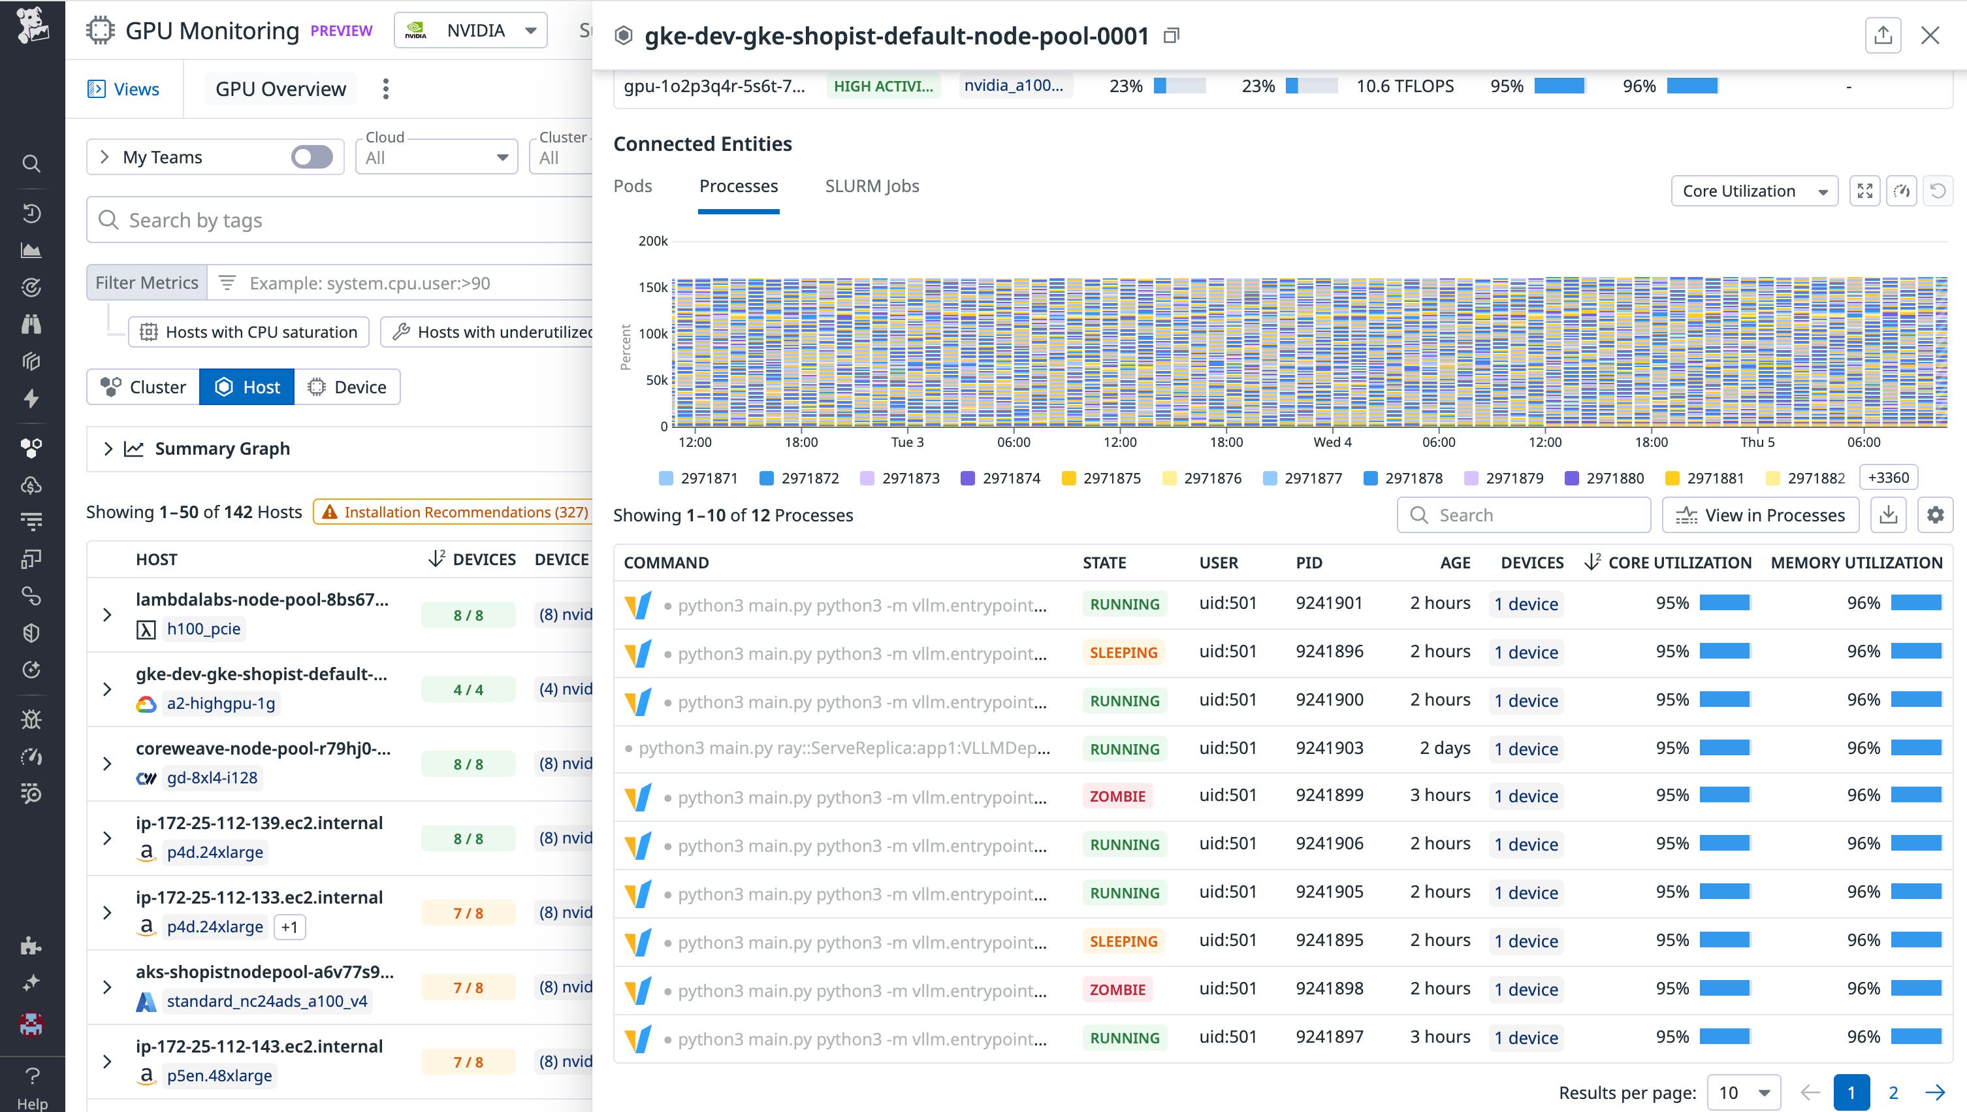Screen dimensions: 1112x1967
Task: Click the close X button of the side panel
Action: [1930, 36]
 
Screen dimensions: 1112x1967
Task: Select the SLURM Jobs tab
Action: [871, 186]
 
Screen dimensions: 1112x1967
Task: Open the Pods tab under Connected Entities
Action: [632, 186]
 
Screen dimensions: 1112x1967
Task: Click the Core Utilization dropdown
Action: [1753, 191]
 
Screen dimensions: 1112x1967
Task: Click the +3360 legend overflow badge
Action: [1887, 478]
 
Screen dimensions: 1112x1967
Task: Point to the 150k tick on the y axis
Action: [653, 287]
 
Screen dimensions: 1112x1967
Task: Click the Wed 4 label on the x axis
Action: [1332, 442]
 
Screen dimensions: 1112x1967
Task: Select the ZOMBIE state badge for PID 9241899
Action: [1117, 796]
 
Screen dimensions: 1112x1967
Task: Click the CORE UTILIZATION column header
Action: [1679, 563]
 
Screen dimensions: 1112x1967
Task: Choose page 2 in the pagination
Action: [1893, 1092]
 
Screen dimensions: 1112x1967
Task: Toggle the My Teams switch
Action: [312, 157]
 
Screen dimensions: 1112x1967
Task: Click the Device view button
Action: [347, 387]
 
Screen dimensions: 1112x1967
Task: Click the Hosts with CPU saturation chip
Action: [249, 332]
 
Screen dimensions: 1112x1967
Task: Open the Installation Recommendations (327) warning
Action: [455, 512]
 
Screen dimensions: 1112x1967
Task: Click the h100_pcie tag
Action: [203, 629]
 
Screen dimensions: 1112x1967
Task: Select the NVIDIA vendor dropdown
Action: [470, 31]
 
